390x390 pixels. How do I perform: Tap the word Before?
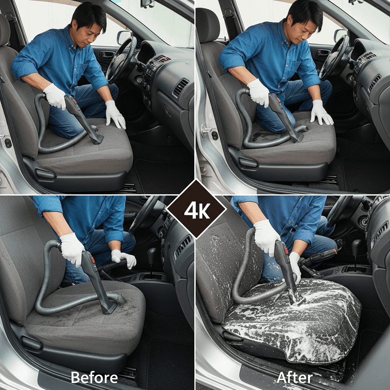94,377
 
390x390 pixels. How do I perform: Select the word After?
294,377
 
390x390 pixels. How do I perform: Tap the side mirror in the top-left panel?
124,37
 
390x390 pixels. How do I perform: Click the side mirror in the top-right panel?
340,35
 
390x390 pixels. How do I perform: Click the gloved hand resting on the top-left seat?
115,114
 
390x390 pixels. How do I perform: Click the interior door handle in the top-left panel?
107,55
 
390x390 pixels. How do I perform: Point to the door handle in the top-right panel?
323,53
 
